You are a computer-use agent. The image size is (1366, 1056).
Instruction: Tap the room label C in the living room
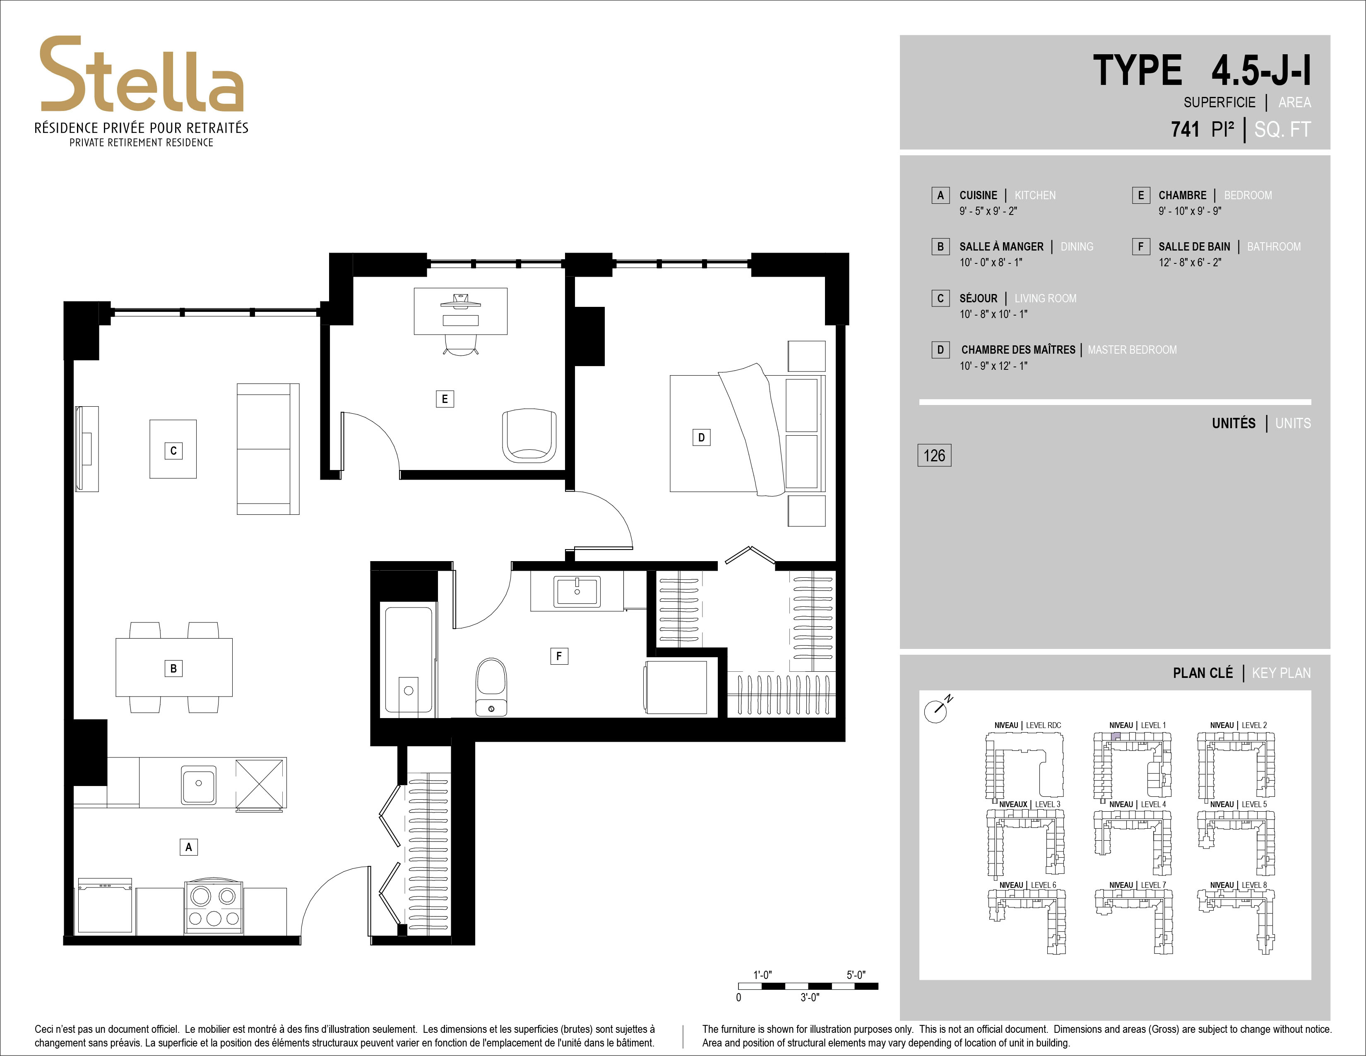173,451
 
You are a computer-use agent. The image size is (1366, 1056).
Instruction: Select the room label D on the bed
701,437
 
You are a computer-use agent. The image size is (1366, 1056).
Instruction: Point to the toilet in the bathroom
491,686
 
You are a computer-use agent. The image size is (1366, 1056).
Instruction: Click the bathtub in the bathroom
409,659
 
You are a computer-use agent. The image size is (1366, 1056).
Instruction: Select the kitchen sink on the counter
199,783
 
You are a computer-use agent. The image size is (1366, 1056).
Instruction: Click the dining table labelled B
174,668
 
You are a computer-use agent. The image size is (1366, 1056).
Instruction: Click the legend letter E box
1141,195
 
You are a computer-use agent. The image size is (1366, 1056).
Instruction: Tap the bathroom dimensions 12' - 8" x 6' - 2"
1190,262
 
